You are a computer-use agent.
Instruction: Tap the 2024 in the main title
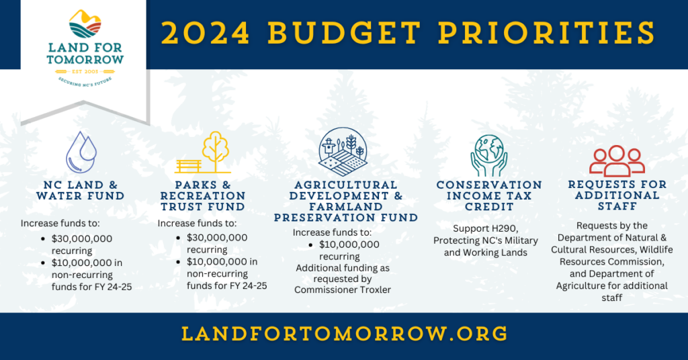206,33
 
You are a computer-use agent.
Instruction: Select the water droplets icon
81,152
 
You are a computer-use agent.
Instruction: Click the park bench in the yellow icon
189,166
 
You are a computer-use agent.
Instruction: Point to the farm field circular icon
343,152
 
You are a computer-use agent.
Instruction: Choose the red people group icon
617,161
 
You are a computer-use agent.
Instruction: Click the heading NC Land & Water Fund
81,191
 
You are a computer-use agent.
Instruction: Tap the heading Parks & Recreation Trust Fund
203,196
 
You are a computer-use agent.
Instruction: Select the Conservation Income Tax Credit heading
489,196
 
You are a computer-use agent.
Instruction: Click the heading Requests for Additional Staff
617,195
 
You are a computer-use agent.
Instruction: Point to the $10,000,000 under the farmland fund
349,244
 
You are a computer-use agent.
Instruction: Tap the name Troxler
374,290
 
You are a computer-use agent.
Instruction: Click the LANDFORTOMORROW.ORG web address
345,334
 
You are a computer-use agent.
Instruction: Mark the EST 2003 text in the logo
85,71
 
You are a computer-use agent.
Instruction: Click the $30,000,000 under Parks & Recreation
217,238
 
